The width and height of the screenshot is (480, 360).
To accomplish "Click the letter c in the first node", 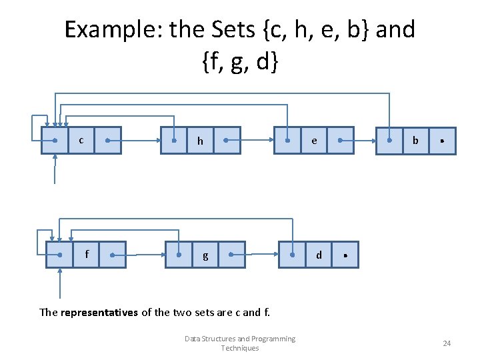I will click(81, 140).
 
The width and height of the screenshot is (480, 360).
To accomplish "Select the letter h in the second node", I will click(200, 141).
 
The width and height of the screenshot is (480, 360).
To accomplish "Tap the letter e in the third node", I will click(314, 141).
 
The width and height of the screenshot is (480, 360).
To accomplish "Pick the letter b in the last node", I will click(415, 141).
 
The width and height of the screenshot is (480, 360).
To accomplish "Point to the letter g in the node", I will click(205, 255).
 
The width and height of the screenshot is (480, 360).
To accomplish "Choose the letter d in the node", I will click(319, 255).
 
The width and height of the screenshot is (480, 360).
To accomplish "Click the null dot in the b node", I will click(443, 141).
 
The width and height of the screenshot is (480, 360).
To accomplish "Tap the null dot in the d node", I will click(345, 255).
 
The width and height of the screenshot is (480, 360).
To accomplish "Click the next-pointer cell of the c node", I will click(107, 141).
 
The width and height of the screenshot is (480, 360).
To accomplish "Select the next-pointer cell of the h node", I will click(227, 141).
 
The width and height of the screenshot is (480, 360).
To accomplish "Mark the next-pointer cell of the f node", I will click(112, 255).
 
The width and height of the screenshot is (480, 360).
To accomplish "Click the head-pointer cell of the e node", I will click(287, 141).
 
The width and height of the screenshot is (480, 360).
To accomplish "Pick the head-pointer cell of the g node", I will click(179, 255).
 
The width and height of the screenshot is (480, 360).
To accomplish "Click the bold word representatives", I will click(99, 311).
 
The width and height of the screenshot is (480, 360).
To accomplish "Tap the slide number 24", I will click(447, 343).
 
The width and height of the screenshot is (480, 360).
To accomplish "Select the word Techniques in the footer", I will click(240, 348).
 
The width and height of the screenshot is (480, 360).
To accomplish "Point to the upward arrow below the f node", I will click(60, 283).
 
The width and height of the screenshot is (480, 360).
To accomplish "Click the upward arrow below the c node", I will click(55, 170).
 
